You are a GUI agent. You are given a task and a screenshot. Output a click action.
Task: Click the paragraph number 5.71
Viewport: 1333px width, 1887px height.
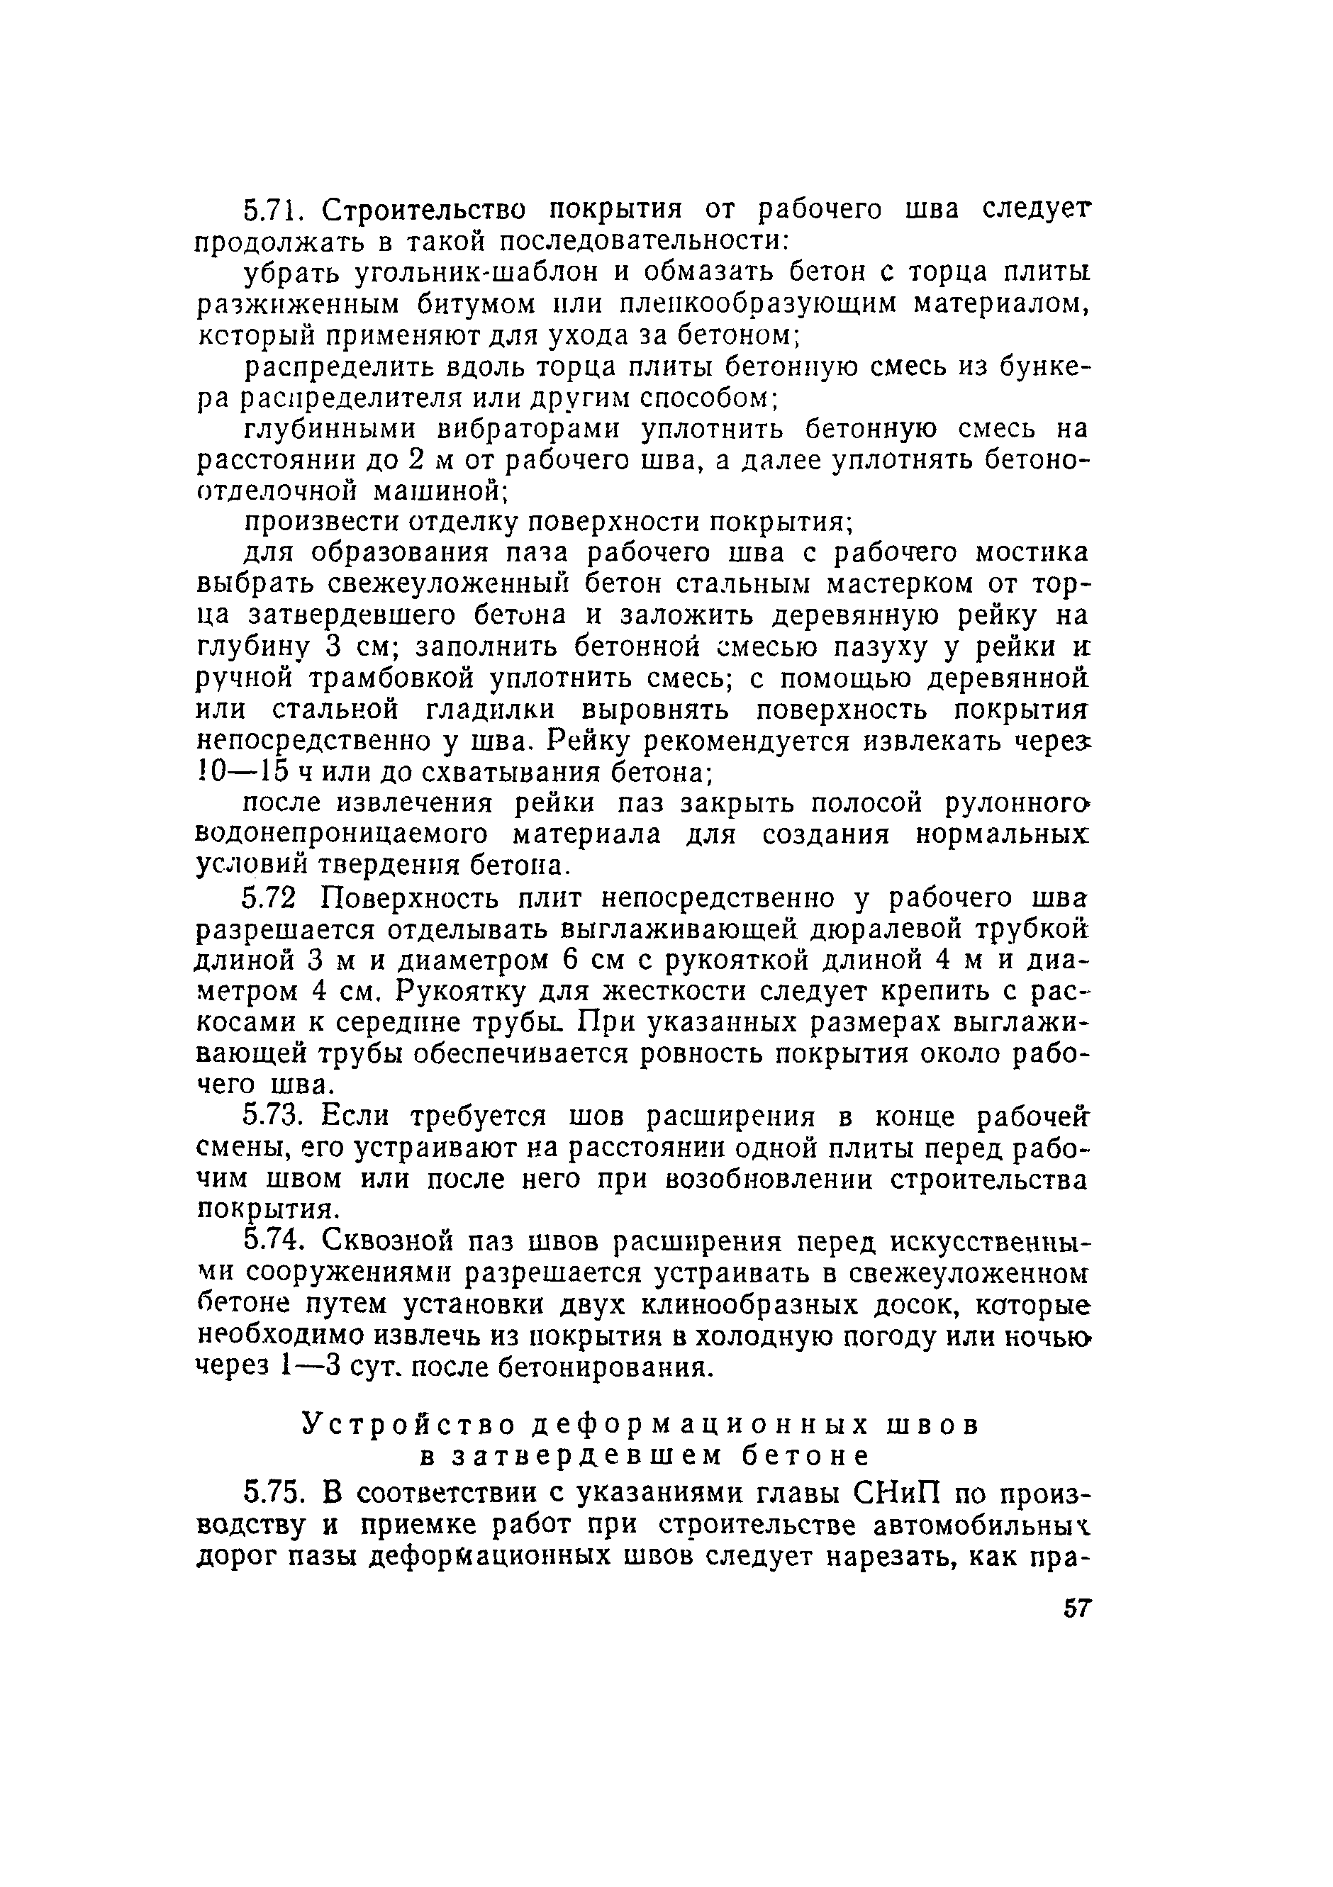tap(274, 211)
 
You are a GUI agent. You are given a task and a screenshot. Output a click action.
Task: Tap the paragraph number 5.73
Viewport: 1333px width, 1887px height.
tap(274, 1117)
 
